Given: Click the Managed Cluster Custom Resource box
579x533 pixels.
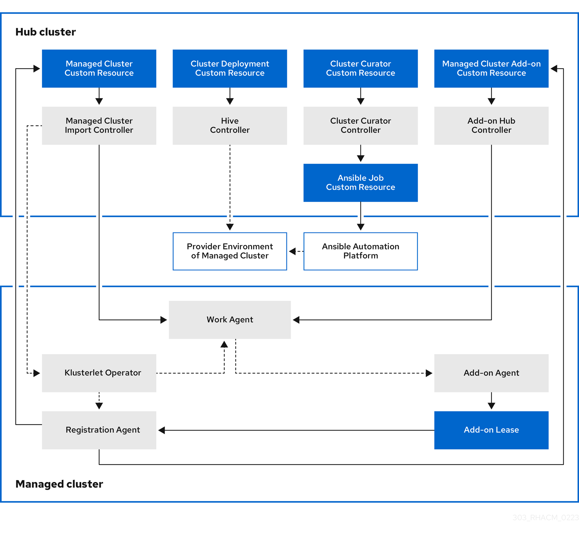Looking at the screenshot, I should pyautogui.click(x=99, y=69).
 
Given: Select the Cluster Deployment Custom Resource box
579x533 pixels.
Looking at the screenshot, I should pyautogui.click(x=230, y=69).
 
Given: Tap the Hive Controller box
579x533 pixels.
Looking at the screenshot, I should pyautogui.click(x=230, y=126).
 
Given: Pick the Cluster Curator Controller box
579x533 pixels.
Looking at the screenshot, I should pyautogui.click(x=360, y=126).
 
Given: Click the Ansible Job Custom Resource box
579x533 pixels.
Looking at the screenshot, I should pyautogui.click(x=360, y=183).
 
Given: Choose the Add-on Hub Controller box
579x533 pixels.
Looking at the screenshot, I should pyautogui.click(x=491, y=126).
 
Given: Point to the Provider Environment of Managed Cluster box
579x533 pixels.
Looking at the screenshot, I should pyautogui.click(x=230, y=251).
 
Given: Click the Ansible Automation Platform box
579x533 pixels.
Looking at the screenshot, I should pyautogui.click(x=360, y=251).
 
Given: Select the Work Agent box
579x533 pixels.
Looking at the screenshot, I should pyautogui.click(x=230, y=320).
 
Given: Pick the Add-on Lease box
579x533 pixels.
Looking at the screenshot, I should pyautogui.click(x=491, y=430).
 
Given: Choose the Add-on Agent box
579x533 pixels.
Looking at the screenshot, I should pyautogui.click(x=491, y=373).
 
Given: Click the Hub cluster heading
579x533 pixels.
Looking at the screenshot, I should pyautogui.click(x=45, y=32).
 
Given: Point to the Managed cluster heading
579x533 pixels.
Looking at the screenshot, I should pyautogui.click(x=59, y=484).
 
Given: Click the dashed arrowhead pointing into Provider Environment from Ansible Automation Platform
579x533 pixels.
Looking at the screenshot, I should pyautogui.click(x=292, y=251).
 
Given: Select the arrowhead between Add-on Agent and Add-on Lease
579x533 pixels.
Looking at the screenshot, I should pyautogui.click(x=491, y=406).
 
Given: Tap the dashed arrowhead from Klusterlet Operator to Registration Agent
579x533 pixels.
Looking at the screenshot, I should pyautogui.click(x=99, y=406).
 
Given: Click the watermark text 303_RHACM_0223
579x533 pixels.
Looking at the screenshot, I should pyautogui.click(x=545, y=518).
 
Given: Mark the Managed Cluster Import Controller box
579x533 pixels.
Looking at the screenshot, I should pyautogui.click(x=99, y=126).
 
